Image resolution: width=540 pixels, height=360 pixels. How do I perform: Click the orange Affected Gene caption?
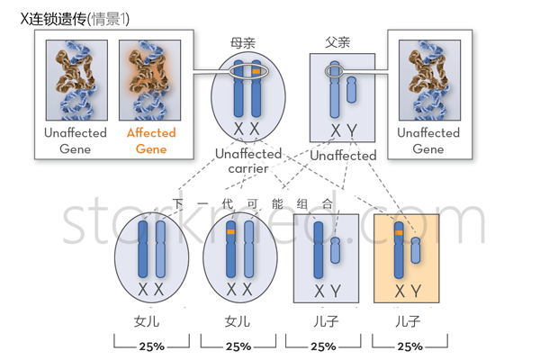(151, 140)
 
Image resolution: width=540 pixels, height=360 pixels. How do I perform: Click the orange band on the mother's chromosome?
(256, 71)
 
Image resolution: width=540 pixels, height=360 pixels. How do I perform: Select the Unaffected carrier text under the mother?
(248, 161)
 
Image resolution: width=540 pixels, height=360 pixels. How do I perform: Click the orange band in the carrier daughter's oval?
(231, 233)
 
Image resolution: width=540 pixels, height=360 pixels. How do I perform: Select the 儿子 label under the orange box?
(408, 320)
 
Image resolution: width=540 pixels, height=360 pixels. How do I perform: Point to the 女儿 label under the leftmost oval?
(150, 320)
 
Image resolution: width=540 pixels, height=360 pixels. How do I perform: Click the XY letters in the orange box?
(407, 291)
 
